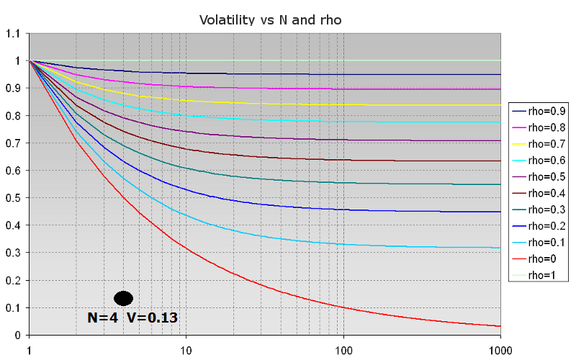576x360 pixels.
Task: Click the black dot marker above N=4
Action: pos(124,298)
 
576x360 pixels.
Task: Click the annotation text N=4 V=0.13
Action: pos(132,317)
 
